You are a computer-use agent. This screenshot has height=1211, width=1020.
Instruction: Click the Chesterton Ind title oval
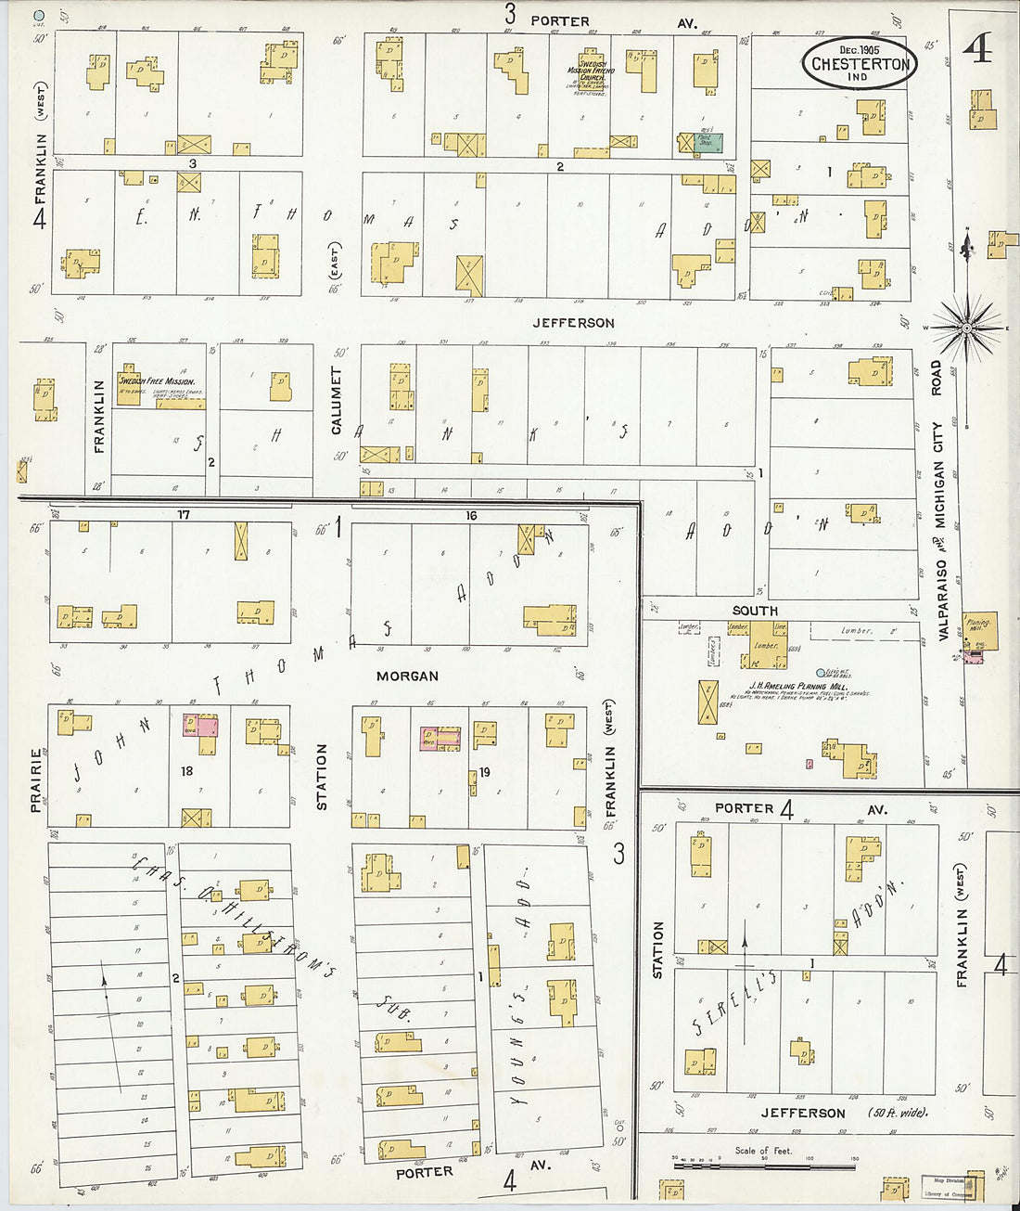(859, 63)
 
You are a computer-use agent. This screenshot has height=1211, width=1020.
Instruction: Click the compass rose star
(966, 328)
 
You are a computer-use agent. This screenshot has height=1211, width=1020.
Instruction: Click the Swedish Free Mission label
(156, 381)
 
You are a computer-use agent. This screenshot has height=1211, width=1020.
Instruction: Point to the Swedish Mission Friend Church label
(591, 72)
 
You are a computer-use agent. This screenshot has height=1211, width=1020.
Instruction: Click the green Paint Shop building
(709, 142)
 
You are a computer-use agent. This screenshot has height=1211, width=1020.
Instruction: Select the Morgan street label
(407, 676)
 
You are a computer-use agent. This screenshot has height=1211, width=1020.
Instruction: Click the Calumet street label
(337, 400)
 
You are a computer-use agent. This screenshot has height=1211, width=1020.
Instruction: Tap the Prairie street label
(35, 780)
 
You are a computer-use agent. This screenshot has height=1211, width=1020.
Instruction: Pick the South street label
(754, 611)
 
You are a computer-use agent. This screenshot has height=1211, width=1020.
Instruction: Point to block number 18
(186, 771)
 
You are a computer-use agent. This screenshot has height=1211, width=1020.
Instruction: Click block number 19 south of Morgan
(484, 772)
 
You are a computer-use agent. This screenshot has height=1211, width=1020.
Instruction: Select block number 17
(184, 514)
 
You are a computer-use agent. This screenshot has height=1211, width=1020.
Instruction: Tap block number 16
(471, 516)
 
